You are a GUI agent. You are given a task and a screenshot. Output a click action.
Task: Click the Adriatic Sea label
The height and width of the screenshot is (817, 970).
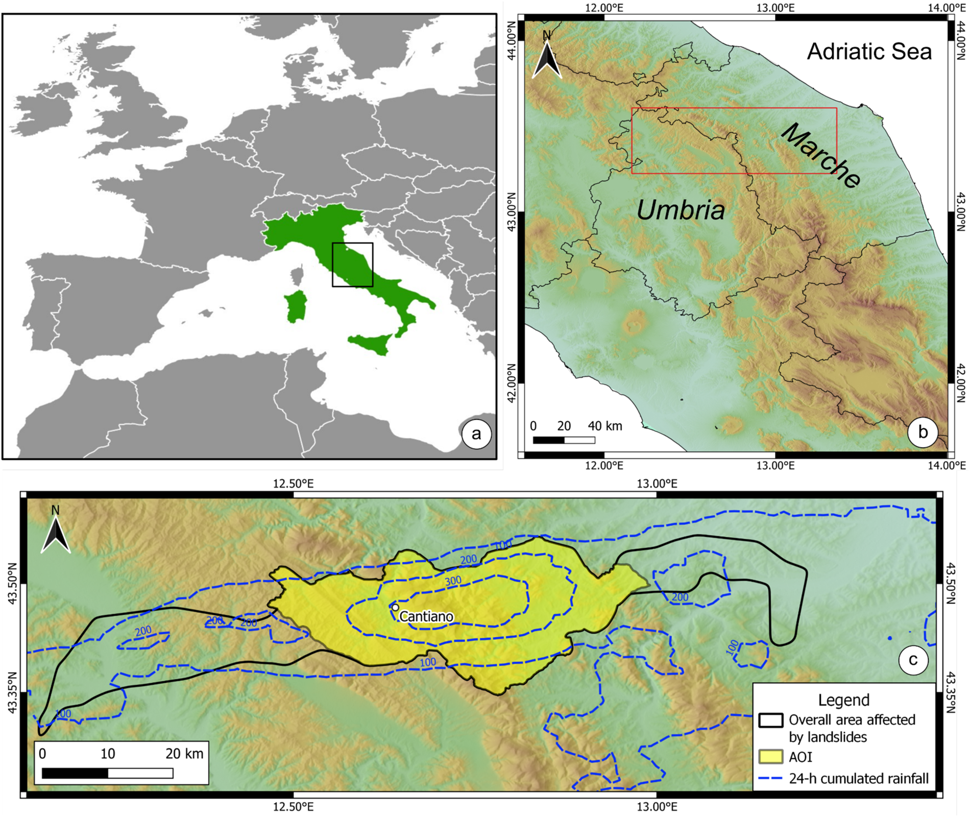pyautogui.click(x=869, y=52)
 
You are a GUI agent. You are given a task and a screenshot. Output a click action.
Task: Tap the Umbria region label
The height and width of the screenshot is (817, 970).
pyautogui.click(x=681, y=210)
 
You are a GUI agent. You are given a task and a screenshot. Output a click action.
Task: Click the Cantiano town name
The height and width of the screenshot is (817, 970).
pyautogui.click(x=426, y=617)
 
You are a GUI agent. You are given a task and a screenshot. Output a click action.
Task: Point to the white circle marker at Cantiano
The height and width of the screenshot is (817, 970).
pyautogui.click(x=395, y=608)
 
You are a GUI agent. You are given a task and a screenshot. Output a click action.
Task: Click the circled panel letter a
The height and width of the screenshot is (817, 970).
pyautogui.click(x=476, y=434)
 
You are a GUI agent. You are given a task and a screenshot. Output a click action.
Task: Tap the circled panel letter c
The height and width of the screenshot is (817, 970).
pyautogui.click(x=913, y=660)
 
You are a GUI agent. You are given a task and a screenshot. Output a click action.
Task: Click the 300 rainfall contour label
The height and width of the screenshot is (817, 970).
pyautogui.click(x=453, y=581)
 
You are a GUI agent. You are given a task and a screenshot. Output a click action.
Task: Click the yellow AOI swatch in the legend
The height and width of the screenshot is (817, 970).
pyautogui.click(x=771, y=757)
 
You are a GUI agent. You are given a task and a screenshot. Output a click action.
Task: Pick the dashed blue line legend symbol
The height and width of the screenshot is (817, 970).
pyautogui.click(x=771, y=779)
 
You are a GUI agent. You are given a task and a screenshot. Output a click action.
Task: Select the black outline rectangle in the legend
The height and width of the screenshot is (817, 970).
pyautogui.click(x=771, y=720)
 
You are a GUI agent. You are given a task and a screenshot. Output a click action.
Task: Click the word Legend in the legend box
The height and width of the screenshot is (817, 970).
pyautogui.click(x=843, y=700)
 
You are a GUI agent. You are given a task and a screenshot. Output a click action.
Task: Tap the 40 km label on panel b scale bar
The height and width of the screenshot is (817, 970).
pyautogui.click(x=605, y=426)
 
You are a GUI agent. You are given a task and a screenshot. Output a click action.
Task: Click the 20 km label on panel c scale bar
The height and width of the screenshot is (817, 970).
pyautogui.click(x=184, y=754)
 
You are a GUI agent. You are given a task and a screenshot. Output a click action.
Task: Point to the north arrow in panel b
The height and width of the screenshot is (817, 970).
pyautogui.click(x=547, y=56)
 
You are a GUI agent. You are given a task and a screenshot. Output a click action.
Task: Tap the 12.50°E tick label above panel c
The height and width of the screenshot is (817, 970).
pyautogui.click(x=293, y=484)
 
